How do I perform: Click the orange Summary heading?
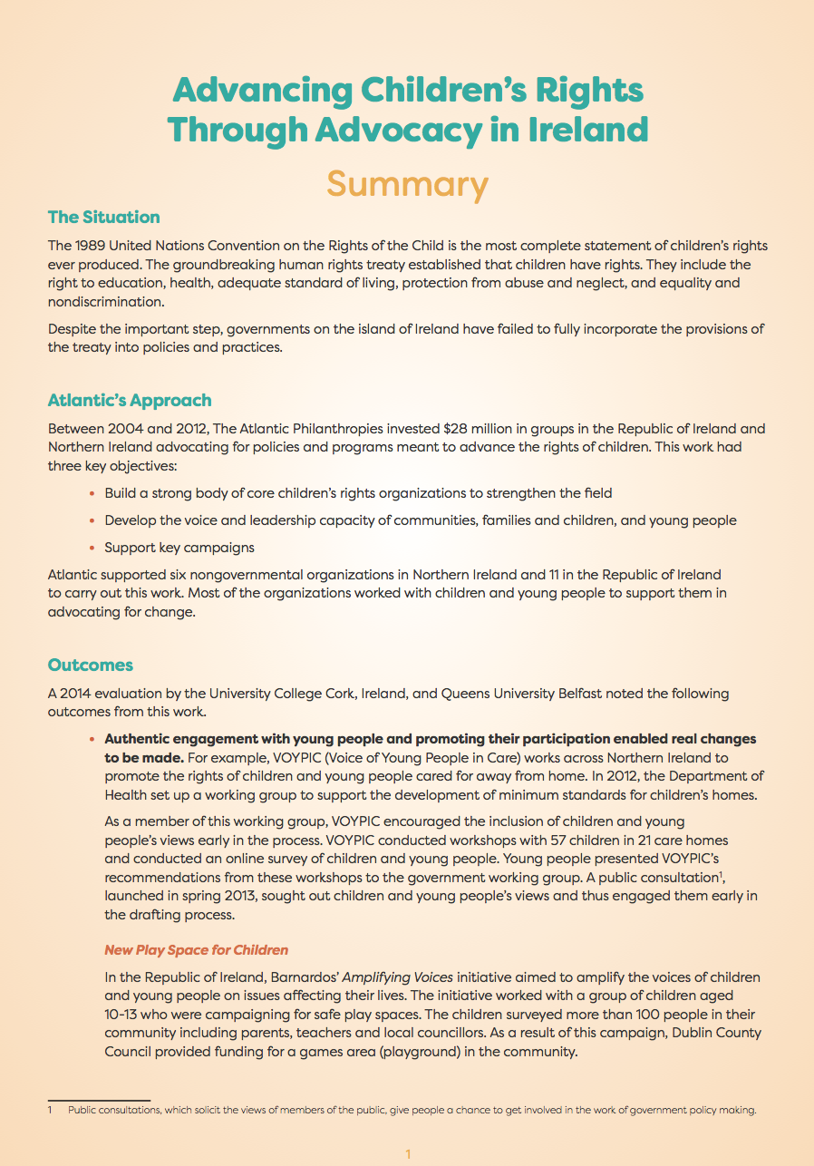tap(407, 184)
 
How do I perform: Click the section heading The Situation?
tap(103, 218)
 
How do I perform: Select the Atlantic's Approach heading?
tap(130, 401)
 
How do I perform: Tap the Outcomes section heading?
tap(91, 666)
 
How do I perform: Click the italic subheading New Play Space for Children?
tap(196, 950)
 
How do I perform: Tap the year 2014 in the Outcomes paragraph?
tap(79, 694)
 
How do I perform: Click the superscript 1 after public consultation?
tap(720, 873)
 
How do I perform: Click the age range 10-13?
tap(124, 1015)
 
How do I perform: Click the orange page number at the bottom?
tap(408, 1154)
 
